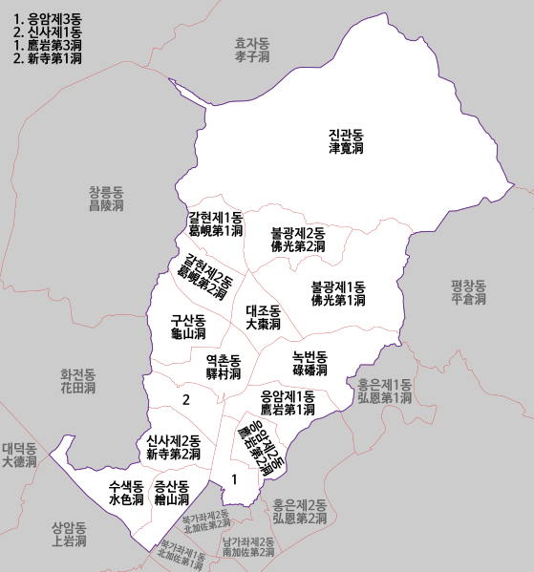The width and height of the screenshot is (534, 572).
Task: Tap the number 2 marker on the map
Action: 186,400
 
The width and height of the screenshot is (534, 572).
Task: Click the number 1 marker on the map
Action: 234,479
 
